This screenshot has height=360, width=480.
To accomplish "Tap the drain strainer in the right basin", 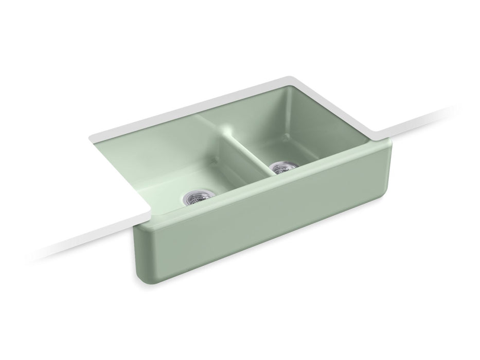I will coord(280,167).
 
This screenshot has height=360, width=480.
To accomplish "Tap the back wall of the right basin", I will coord(262,105).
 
